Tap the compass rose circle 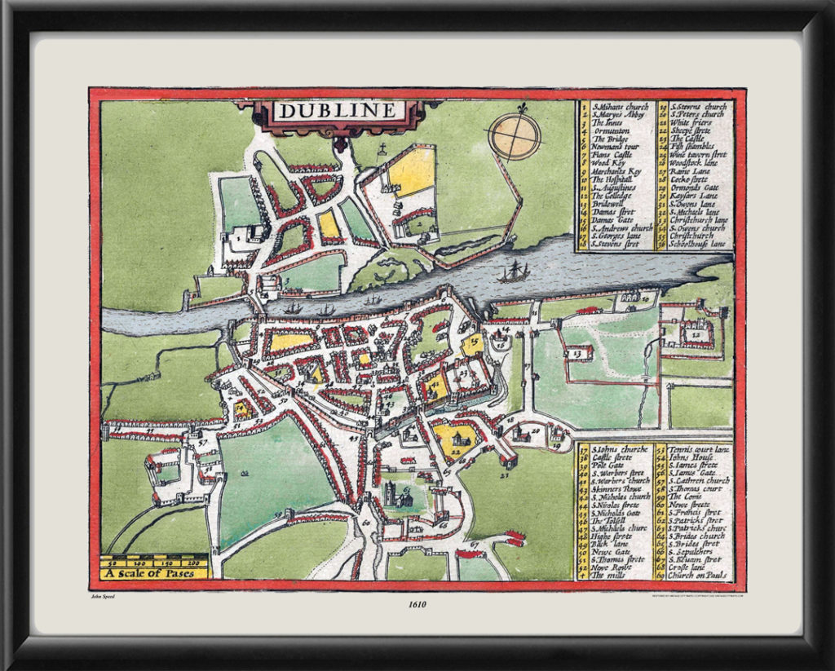coord(515,135)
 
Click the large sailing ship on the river coord(513,272)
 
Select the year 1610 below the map coord(417,604)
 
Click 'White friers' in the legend coord(691,122)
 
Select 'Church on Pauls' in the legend coord(697,576)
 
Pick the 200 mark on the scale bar coord(194,563)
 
